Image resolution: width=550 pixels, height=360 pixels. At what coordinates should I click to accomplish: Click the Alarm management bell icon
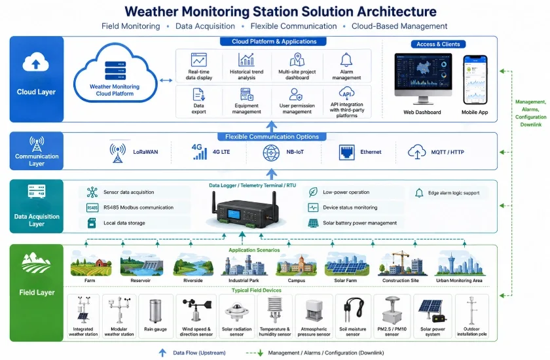click(x=346, y=60)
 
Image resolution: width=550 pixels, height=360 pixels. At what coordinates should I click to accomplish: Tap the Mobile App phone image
click(x=475, y=80)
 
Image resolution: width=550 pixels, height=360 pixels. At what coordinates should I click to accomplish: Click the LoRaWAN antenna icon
click(x=117, y=153)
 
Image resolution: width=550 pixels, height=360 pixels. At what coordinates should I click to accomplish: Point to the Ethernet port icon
click(x=346, y=153)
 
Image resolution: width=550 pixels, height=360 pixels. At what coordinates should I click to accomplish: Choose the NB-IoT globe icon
click(x=271, y=153)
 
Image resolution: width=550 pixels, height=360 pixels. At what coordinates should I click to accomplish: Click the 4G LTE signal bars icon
click(x=199, y=152)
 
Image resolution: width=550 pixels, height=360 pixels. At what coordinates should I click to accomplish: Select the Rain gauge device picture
click(x=155, y=311)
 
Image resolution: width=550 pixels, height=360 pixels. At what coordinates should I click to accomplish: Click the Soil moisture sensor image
click(x=353, y=311)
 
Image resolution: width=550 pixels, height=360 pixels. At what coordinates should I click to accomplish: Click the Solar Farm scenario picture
click(x=346, y=264)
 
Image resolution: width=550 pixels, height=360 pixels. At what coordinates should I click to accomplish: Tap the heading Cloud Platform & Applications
click(x=274, y=41)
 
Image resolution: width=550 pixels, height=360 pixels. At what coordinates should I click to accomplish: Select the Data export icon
click(x=198, y=95)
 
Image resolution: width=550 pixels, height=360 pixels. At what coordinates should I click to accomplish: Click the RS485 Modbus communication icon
click(x=92, y=208)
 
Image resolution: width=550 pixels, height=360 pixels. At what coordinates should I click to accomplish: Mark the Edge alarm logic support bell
click(x=419, y=193)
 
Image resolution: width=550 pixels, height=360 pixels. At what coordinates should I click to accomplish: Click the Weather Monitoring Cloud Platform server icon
click(x=115, y=71)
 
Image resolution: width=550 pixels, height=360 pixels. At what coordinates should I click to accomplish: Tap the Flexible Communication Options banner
click(x=272, y=137)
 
